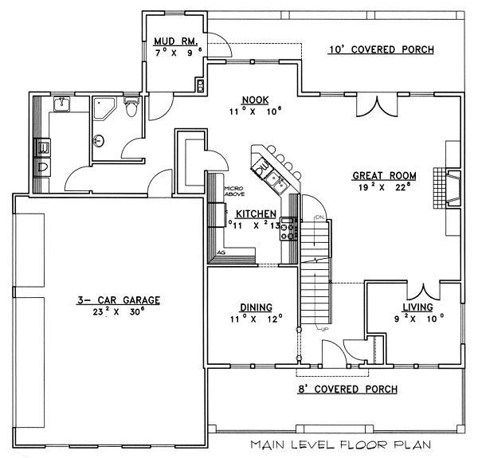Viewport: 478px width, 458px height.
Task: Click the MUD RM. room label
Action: coord(175,41)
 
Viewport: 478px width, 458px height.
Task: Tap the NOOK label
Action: coord(255,100)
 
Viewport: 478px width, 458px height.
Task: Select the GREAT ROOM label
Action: coord(384,176)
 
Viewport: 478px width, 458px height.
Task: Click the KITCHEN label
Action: coord(256,214)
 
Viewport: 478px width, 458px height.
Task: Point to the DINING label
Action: coord(256,307)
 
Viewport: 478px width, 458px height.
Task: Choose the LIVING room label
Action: coord(417,307)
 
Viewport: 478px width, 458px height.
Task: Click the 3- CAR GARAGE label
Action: coord(118,300)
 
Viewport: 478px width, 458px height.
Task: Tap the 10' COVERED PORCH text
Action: coord(382,49)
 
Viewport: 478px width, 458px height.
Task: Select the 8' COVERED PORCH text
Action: coord(347,389)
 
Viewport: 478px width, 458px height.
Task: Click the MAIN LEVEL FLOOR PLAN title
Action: coord(341,444)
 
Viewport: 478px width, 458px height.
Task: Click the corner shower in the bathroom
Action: coord(104,108)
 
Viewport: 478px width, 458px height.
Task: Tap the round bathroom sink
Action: coord(98,141)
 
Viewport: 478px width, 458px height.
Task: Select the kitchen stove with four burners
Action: coord(288,229)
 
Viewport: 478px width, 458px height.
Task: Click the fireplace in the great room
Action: coord(447,188)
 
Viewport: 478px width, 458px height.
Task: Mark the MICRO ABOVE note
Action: coord(233,191)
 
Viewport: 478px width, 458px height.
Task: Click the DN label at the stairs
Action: coord(319,217)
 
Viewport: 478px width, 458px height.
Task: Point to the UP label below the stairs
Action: coord(323,329)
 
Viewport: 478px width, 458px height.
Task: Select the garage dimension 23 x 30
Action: coord(118,311)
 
